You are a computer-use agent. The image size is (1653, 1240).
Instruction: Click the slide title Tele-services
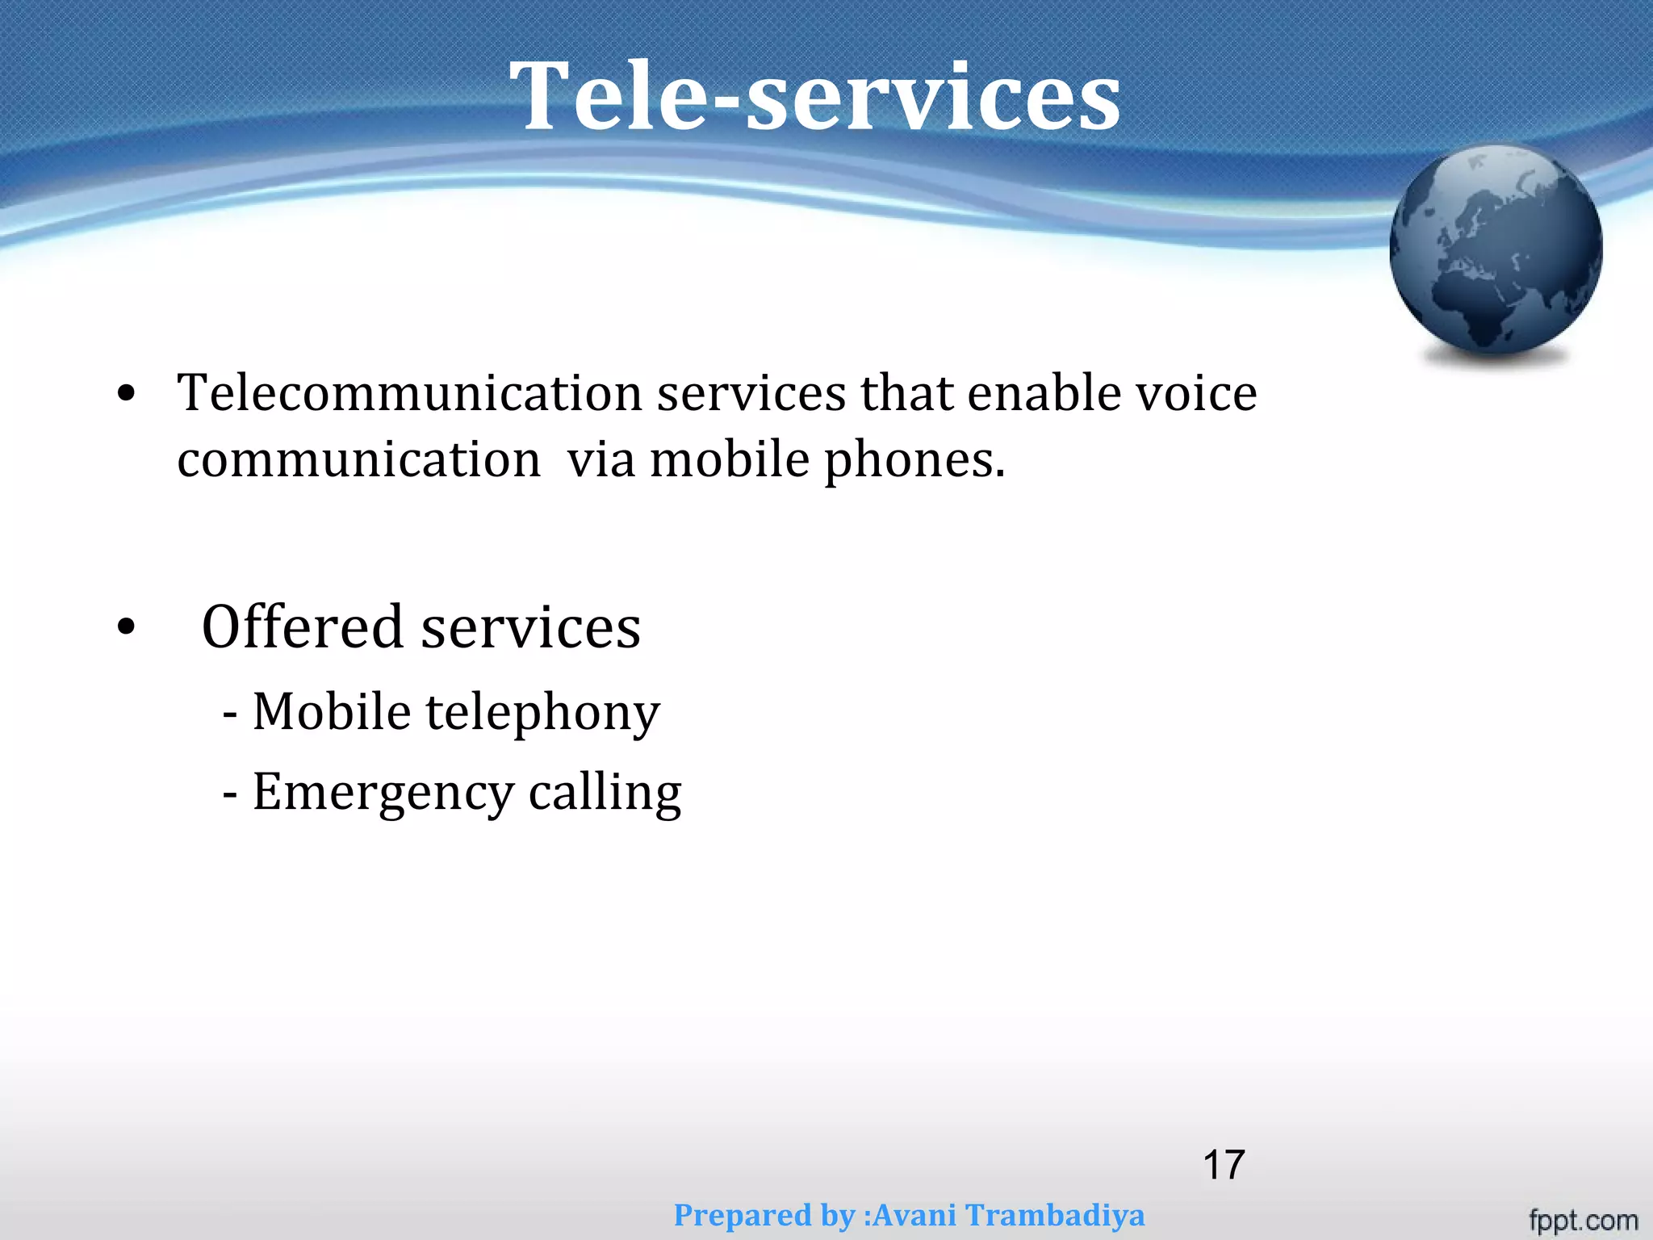(x=815, y=97)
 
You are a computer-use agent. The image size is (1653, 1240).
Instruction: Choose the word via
(x=600, y=460)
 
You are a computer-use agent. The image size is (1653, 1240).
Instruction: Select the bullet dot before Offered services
(x=126, y=627)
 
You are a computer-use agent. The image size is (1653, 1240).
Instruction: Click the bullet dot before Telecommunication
(x=126, y=395)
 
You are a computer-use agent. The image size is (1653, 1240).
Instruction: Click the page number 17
(x=1224, y=1165)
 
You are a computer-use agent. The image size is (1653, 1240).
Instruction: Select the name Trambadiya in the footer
(x=1056, y=1215)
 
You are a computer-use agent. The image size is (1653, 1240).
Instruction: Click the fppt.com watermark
(x=1583, y=1220)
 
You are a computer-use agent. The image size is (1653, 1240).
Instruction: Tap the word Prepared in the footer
(x=743, y=1215)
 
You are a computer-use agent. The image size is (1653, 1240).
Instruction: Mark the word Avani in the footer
(x=915, y=1215)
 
